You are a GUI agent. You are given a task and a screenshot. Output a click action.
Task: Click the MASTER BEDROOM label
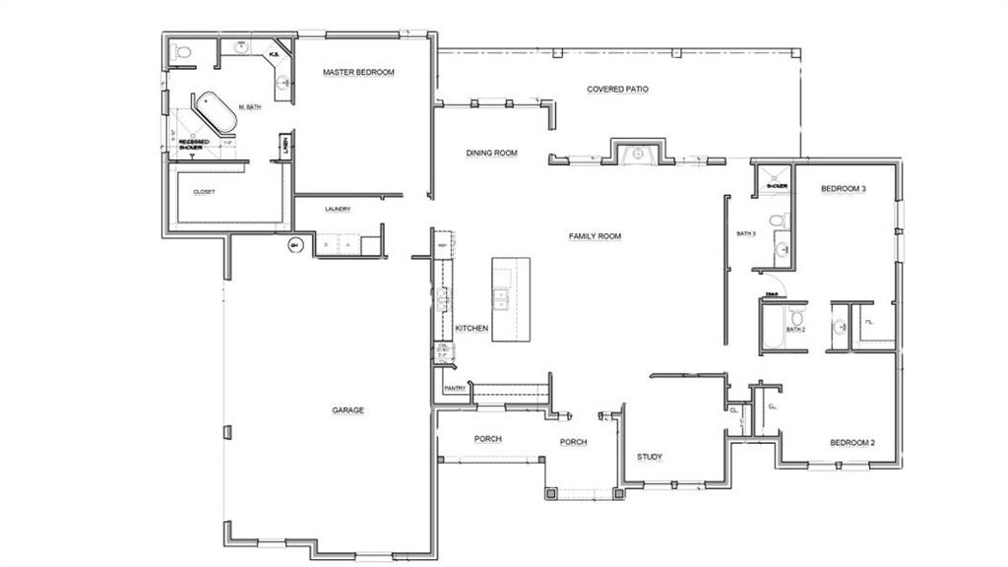tap(358, 73)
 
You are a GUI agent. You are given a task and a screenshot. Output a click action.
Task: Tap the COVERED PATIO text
tap(617, 89)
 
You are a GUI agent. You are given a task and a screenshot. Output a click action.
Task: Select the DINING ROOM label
tap(491, 154)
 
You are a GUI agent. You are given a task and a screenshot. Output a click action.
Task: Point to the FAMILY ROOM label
tap(595, 236)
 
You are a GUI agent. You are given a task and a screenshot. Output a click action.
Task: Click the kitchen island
tap(511, 299)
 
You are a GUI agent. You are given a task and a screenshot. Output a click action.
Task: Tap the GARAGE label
tap(347, 409)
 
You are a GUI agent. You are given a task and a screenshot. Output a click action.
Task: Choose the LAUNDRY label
tap(338, 210)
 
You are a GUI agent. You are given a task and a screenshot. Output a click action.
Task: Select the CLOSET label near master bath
tap(204, 192)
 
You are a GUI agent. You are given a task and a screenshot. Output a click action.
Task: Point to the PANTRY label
tap(455, 389)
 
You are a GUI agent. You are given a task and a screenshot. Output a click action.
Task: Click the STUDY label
tap(649, 457)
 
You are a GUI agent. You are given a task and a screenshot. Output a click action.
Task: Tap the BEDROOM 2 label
tap(850, 443)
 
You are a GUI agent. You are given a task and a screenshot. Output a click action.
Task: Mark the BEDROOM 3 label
tap(844, 188)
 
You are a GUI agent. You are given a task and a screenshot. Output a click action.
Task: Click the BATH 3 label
tap(746, 234)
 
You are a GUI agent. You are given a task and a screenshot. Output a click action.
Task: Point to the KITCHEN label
tap(472, 328)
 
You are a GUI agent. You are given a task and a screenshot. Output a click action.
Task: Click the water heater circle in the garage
tap(293, 245)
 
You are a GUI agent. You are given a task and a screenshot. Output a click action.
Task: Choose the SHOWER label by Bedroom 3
tap(778, 185)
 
